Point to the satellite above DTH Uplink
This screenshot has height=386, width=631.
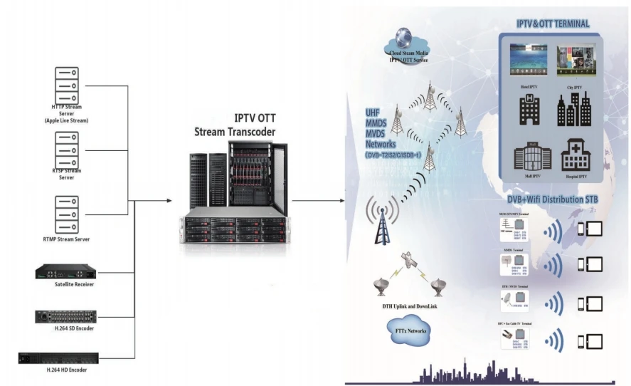click(x=408, y=262)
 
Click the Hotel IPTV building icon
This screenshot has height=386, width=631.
click(x=529, y=110)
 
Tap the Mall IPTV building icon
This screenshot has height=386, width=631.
click(x=527, y=155)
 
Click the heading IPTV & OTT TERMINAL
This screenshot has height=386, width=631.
click(x=552, y=24)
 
